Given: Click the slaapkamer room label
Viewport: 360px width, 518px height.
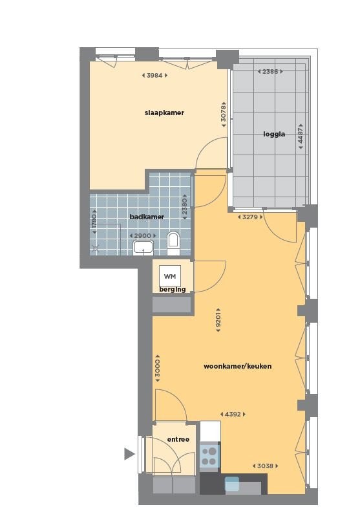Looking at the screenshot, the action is point(164,113).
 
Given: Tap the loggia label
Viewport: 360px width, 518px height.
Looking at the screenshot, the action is point(274,134).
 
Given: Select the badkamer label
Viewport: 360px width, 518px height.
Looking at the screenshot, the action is point(147,217).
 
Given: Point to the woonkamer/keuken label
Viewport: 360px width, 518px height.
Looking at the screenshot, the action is point(237,366).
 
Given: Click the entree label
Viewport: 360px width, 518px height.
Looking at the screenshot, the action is point(178,439).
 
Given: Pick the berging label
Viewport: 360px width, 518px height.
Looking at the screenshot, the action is point(173,289).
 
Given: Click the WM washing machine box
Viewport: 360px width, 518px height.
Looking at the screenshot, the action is point(170,276).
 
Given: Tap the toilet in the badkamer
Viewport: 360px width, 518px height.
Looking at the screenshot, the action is point(173,243).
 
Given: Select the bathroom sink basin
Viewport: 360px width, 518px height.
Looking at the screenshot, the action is point(143,247).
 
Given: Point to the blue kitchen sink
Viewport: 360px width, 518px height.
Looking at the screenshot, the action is point(232,484).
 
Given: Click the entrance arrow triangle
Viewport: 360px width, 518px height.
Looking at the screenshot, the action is point(129,454).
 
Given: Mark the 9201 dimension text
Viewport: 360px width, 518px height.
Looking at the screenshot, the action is point(218,319).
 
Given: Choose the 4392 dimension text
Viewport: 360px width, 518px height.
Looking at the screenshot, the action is point(233,415).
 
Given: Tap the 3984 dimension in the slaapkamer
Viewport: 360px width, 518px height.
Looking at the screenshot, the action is point(154,75).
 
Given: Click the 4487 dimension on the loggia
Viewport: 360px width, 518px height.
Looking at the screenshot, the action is point(301,136).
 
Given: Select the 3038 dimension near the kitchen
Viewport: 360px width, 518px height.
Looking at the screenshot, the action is point(265,466).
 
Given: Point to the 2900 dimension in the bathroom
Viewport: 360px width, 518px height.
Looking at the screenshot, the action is point(143,236).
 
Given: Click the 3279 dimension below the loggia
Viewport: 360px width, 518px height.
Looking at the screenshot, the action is point(250,217).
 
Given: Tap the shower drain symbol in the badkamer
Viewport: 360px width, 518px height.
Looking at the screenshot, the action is point(96,249).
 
